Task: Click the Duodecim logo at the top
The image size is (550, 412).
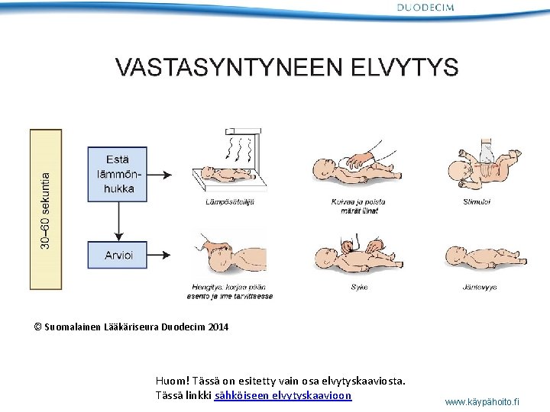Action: [425, 8]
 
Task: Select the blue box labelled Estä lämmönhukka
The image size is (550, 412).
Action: [117, 174]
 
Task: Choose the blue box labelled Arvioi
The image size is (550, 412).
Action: [117, 256]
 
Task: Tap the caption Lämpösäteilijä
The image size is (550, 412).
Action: [230, 202]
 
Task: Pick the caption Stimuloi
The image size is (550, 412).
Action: [477, 202]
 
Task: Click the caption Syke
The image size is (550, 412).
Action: [358, 288]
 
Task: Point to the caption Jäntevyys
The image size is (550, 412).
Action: [479, 288]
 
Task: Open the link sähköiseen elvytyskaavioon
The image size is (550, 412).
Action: [283, 396]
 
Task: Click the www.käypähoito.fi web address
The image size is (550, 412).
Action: [481, 401]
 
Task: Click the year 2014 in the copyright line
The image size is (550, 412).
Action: [216, 327]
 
